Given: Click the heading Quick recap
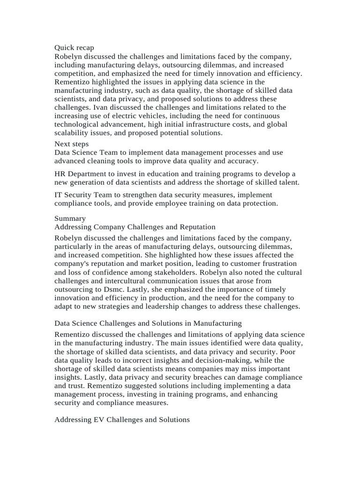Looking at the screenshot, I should point(74,48).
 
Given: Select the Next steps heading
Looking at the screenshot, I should point(71,144).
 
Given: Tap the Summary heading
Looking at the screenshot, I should point(70,218).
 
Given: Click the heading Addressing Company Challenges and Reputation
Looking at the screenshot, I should point(135,227).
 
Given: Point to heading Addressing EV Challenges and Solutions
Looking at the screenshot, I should point(122,420).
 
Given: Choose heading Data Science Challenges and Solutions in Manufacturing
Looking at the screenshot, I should point(148,323).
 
